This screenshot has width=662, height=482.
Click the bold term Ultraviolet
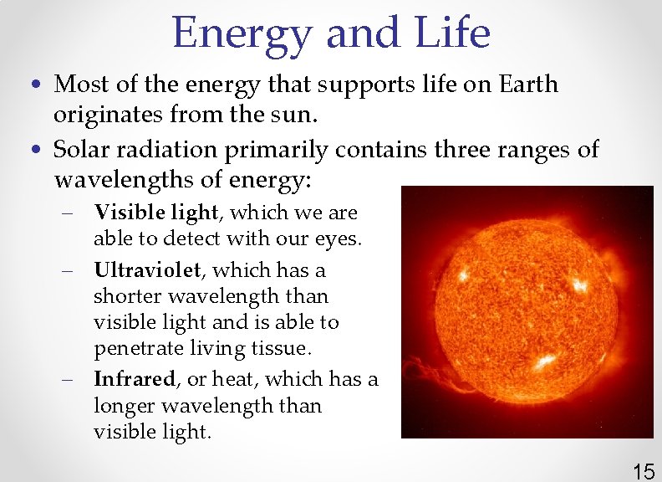coord(147,270)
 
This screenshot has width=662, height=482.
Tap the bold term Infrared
coord(135,379)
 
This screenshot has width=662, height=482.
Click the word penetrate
coord(135,348)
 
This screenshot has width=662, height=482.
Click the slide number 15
coord(643,471)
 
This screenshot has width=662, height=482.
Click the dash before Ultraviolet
coord(68,271)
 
